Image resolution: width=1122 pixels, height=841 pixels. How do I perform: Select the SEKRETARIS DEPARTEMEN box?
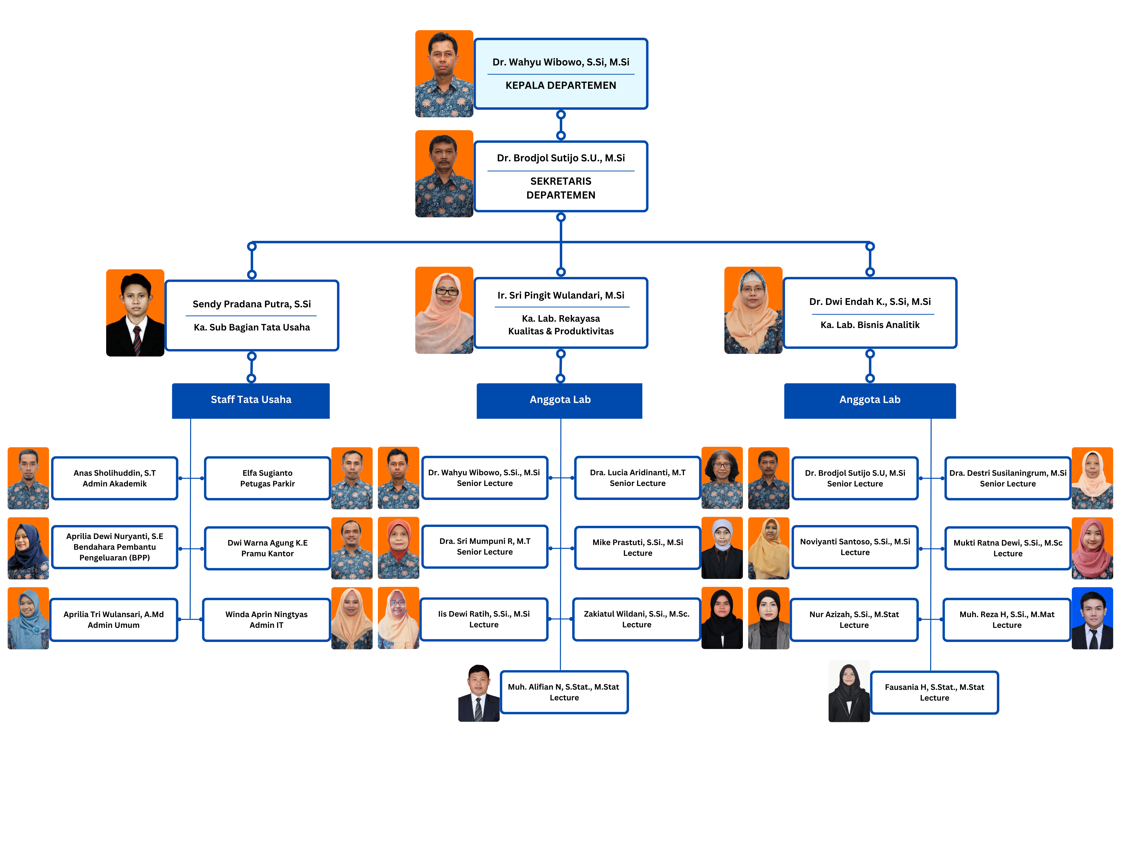[561, 176]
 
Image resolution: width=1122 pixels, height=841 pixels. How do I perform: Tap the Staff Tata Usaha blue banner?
[251, 400]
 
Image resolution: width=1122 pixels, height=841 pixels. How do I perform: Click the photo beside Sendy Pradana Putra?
[135, 313]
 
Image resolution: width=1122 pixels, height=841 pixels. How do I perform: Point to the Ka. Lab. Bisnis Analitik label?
[870, 325]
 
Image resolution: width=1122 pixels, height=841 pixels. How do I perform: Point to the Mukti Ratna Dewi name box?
[1007, 548]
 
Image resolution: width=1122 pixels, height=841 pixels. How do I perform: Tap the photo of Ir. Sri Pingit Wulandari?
[444, 310]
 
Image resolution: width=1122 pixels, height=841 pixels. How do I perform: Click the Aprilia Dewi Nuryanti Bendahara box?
[115, 547]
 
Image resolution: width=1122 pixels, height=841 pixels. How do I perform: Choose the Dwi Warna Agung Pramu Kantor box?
[267, 548]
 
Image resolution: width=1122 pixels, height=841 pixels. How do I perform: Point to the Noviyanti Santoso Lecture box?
[855, 547]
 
